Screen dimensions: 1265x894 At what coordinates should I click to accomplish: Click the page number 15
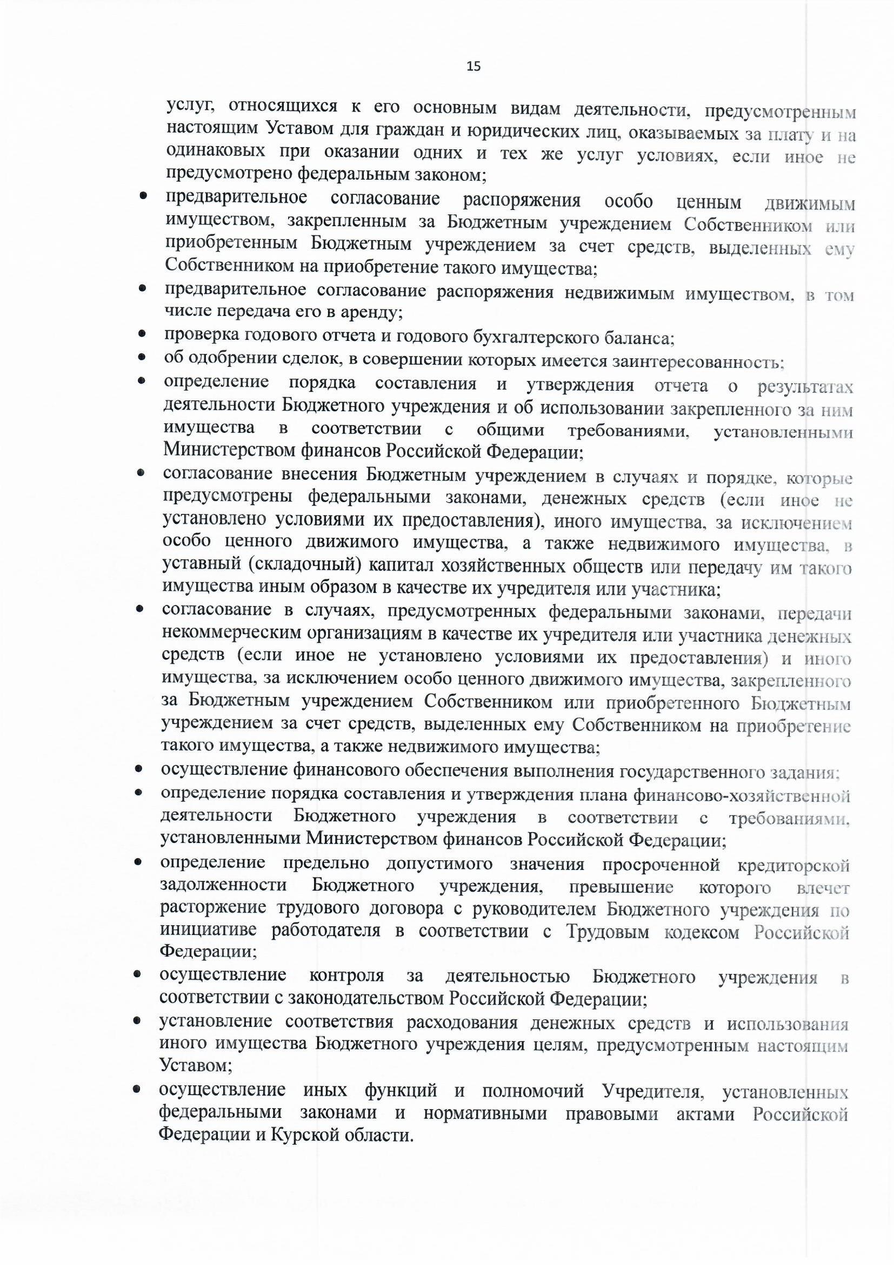[473, 67]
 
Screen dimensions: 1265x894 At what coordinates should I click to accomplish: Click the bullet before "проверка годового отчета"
[142, 334]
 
